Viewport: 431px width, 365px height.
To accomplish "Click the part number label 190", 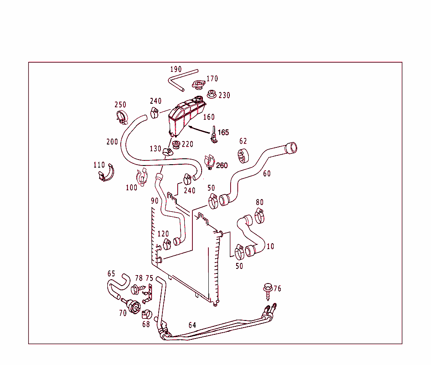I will [x=176, y=69].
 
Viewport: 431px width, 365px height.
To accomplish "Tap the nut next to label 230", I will [x=212, y=95].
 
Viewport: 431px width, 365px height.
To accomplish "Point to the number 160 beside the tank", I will [x=209, y=117].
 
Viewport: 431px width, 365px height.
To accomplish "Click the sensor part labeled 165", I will [x=214, y=135].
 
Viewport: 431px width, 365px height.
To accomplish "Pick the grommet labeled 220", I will [x=176, y=145].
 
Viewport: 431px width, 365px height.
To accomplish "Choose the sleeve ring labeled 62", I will [x=243, y=155].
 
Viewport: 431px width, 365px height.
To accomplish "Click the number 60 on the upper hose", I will [x=267, y=173].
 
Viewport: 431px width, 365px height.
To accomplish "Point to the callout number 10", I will [x=270, y=247].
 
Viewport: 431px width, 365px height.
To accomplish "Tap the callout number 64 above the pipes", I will [x=192, y=325].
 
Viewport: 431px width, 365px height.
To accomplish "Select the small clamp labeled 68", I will [x=146, y=314].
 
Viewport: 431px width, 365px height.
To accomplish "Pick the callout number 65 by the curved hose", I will [x=111, y=274].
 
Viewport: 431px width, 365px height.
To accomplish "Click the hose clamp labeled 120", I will [x=167, y=243].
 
